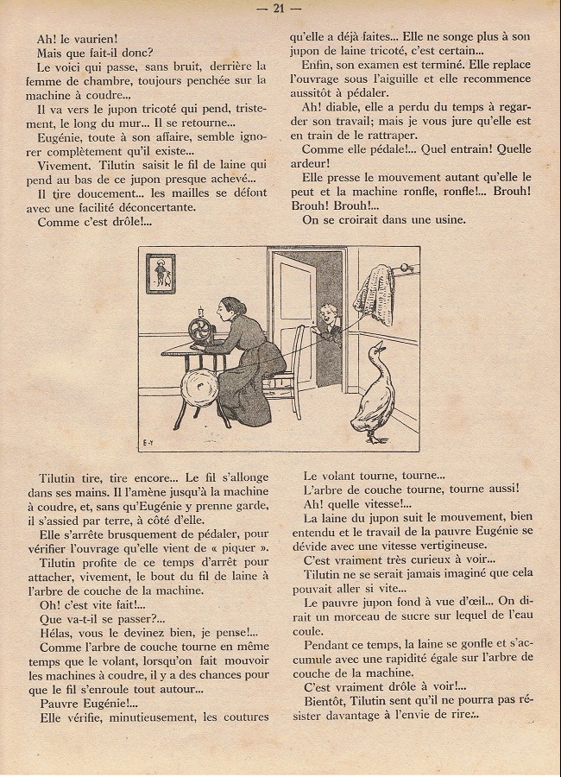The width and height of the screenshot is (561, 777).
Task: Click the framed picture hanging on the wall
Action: tap(159, 274)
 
